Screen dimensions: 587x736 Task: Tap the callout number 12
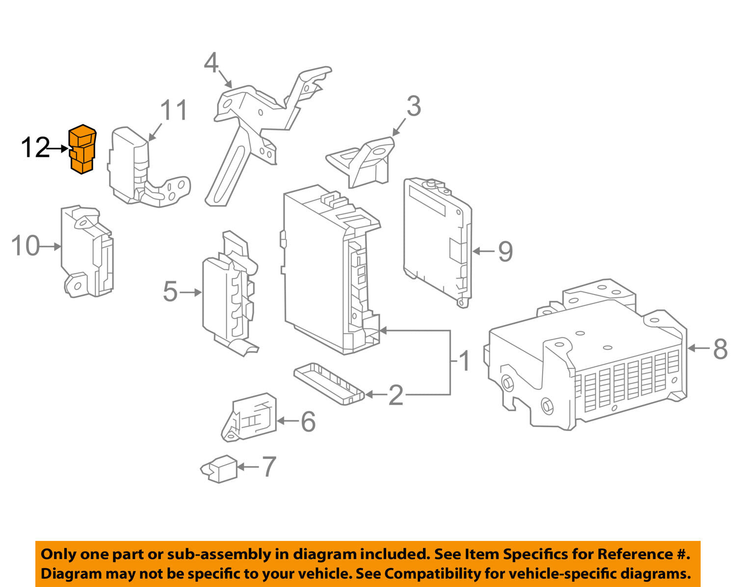click(35, 148)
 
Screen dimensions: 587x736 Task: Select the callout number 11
click(174, 110)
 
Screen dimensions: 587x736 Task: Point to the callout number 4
click(211, 63)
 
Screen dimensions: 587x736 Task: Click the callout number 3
click(414, 106)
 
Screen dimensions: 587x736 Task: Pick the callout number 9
click(505, 252)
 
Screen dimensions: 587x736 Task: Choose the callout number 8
click(720, 349)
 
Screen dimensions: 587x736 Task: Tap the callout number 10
click(26, 246)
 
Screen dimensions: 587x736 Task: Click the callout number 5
click(170, 292)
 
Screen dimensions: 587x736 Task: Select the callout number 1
click(464, 362)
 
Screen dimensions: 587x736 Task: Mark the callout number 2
click(396, 395)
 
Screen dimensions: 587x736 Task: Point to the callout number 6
click(308, 421)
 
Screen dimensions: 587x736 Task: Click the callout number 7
click(268, 467)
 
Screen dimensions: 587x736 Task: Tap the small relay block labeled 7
click(220, 469)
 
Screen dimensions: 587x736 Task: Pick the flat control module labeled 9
click(437, 240)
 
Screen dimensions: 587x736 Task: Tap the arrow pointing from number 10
click(50, 247)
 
